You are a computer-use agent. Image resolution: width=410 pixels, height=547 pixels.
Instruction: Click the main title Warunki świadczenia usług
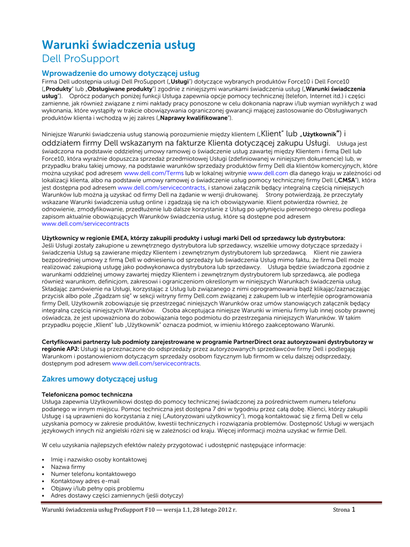pyautogui.click(x=119, y=45)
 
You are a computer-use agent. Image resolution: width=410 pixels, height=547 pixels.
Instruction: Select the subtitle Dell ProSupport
pyautogui.click(x=80, y=59)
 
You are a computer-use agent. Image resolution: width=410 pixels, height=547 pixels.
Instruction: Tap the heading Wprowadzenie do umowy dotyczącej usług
pyautogui.click(x=121, y=73)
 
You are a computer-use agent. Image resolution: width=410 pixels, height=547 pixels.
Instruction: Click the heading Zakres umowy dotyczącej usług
pyautogui.click(x=99, y=379)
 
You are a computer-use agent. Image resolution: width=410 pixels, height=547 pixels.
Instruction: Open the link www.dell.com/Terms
pyautogui.click(x=153, y=174)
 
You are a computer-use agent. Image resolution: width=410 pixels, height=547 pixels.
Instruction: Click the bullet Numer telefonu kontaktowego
pyautogui.click(x=93, y=474)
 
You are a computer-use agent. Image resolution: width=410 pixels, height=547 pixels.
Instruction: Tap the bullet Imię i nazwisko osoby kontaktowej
pyautogui.click(x=98, y=459)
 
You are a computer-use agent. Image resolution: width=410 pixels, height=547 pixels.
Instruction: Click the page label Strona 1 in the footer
pyautogui.click(x=344, y=510)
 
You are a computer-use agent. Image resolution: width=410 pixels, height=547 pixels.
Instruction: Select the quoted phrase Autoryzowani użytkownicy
pyautogui.click(x=195, y=416)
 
